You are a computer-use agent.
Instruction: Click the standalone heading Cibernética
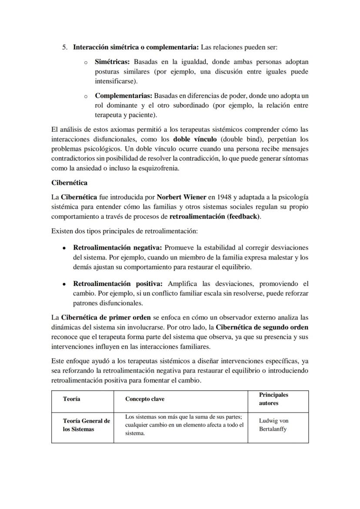point(70,183)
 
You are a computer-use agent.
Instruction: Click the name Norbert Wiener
point(175,197)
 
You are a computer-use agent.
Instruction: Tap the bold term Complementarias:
point(123,95)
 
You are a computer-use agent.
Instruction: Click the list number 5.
point(65,47)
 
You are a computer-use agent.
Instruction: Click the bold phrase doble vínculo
point(196,140)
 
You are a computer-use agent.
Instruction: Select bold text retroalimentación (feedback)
point(215,216)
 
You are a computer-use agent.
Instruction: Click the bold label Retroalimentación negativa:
point(117,247)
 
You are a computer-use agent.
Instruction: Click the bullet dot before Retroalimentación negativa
point(64,248)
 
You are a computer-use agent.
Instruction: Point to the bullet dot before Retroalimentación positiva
point(64,284)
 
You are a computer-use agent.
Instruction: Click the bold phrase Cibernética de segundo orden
point(262,326)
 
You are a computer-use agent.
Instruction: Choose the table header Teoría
point(72,399)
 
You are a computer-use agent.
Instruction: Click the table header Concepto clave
point(145,399)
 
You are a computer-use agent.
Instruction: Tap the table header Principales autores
point(273,399)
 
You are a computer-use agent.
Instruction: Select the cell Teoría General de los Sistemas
point(86,425)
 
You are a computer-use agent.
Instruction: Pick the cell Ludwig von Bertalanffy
point(273,425)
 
